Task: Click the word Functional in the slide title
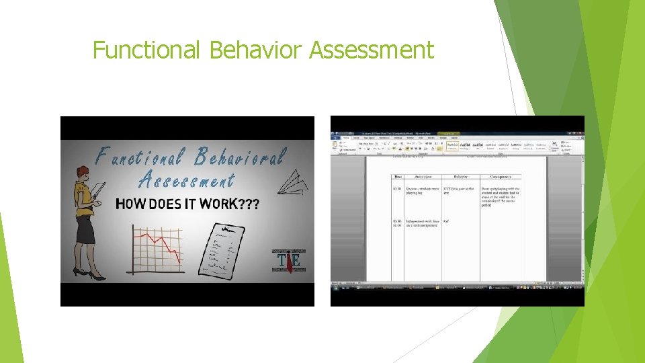(146, 50)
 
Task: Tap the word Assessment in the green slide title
(372, 50)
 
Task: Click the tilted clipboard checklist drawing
(221, 252)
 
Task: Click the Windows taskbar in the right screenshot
(457, 287)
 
